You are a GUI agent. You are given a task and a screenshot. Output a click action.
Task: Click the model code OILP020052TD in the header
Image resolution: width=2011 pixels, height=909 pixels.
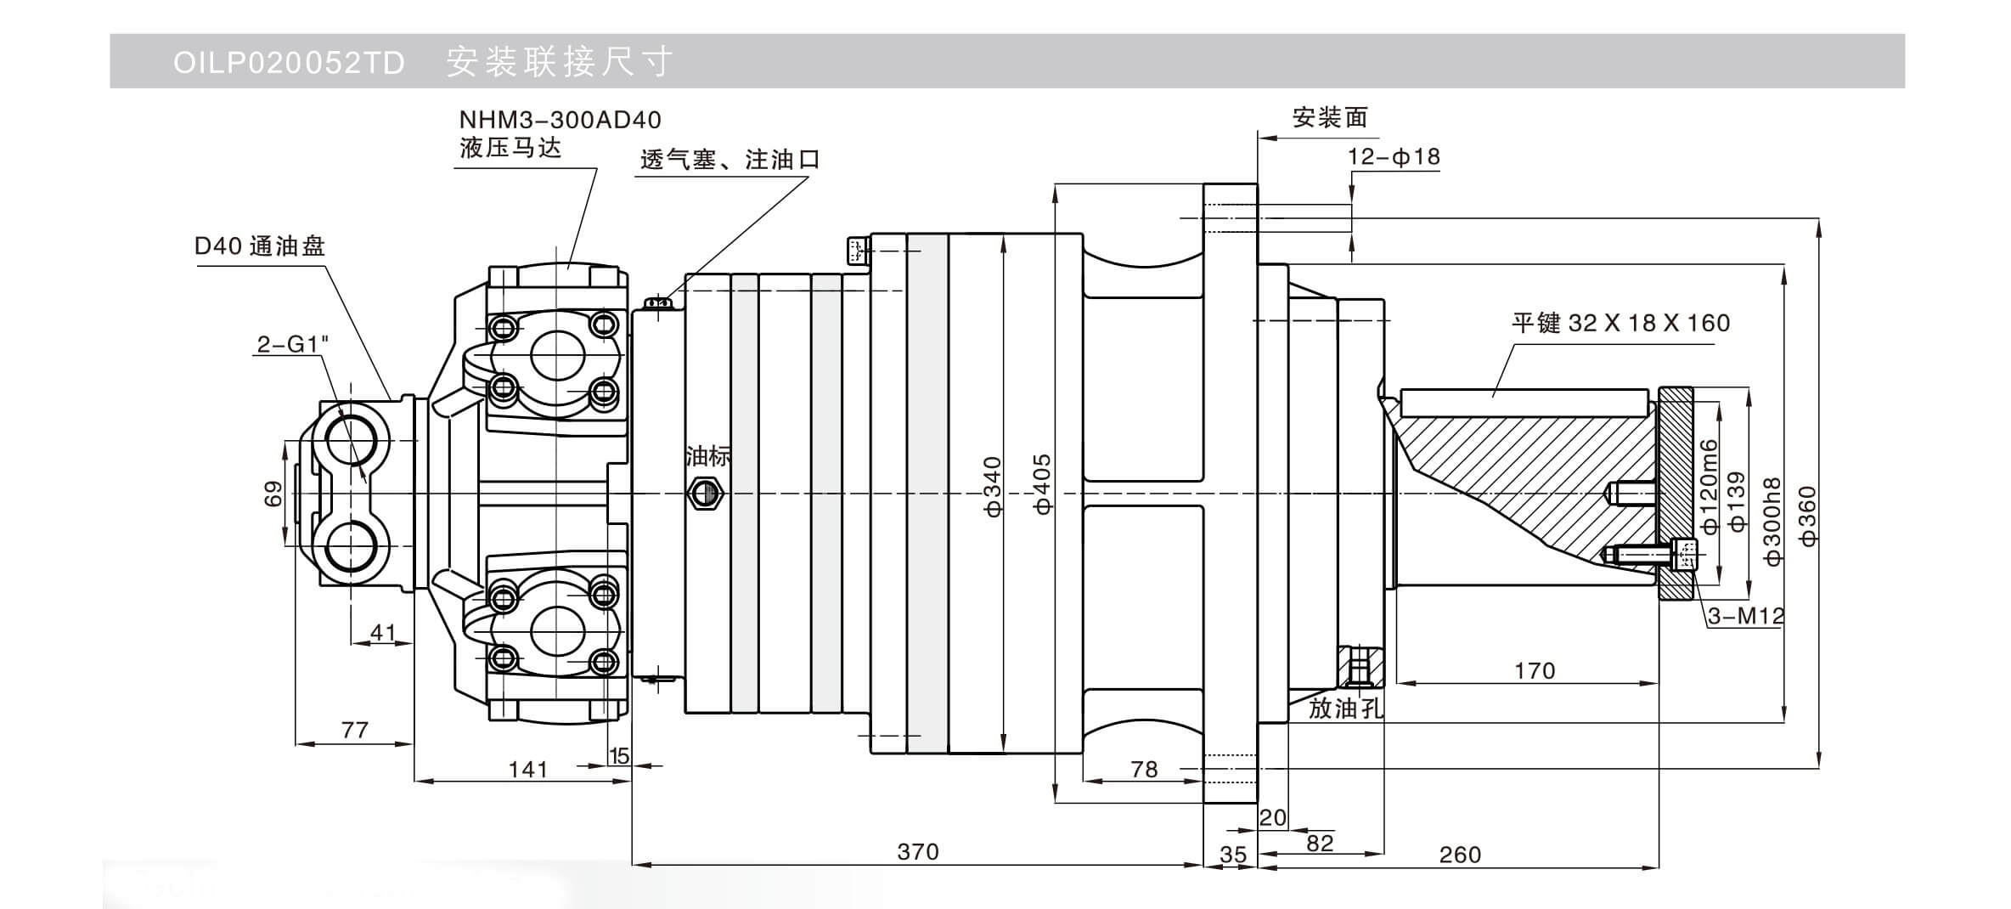pyautogui.click(x=289, y=63)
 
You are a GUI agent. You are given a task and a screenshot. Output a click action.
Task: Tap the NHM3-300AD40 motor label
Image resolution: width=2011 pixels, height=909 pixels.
pyautogui.click(x=560, y=120)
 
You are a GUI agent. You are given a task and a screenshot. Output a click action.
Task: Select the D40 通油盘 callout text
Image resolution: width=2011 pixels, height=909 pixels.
pyautogui.click(x=260, y=246)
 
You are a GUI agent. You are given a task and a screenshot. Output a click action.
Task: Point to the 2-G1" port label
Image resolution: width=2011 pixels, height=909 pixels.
pyautogui.click(x=292, y=344)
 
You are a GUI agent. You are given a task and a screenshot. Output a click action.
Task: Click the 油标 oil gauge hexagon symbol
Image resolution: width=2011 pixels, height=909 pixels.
pyautogui.click(x=705, y=493)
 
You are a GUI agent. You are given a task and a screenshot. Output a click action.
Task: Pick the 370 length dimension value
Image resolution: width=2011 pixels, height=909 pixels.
pyautogui.click(x=918, y=851)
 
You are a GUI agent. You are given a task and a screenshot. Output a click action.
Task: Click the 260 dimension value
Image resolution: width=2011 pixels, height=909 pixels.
pyautogui.click(x=1460, y=855)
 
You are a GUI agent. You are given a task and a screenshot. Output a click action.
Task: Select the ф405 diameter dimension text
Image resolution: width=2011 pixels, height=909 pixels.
pyautogui.click(x=1043, y=484)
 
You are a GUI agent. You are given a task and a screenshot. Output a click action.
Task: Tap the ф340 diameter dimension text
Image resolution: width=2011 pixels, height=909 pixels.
pyautogui.click(x=993, y=486)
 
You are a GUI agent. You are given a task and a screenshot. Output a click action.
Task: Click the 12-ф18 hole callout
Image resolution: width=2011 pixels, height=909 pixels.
pyautogui.click(x=1394, y=157)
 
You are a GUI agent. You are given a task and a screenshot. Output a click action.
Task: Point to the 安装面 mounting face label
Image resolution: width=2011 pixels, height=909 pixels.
pyautogui.click(x=1330, y=117)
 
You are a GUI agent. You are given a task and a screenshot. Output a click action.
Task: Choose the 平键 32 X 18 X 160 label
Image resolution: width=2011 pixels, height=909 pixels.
pyautogui.click(x=1620, y=323)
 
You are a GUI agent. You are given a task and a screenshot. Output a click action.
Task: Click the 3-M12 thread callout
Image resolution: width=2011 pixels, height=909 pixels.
pyautogui.click(x=1746, y=616)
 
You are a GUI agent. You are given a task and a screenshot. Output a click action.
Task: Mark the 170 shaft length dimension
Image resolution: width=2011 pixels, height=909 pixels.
pyautogui.click(x=1535, y=671)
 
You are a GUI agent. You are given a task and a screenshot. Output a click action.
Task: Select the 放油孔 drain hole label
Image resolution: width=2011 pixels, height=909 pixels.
pyautogui.click(x=1346, y=709)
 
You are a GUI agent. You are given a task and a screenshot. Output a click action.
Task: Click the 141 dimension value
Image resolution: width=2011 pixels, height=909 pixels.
pyautogui.click(x=527, y=770)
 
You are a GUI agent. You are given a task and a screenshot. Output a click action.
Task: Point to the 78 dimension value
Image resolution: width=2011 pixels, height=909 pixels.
pyautogui.click(x=1144, y=770)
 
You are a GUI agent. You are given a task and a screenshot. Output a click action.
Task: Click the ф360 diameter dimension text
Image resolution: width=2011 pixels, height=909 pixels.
pyautogui.click(x=1807, y=517)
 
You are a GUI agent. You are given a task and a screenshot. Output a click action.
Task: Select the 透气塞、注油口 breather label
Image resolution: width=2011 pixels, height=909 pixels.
pyautogui.click(x=729, y=160)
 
